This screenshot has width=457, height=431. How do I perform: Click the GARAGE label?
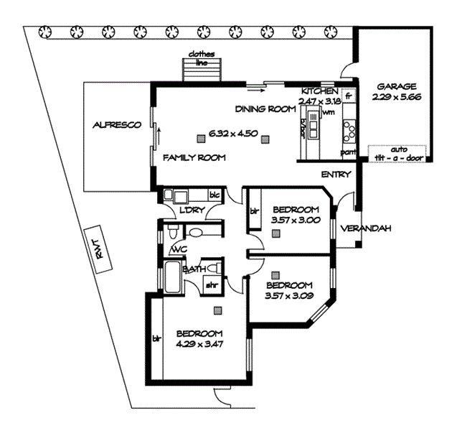tap(394, 85)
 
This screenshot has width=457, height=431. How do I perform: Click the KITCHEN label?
tap(319, 92)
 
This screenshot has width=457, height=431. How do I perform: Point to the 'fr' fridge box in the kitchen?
tap(348, 95)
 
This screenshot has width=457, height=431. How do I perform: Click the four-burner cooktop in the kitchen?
tap(351, 131)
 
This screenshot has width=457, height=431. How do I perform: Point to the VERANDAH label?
tap(365, 228)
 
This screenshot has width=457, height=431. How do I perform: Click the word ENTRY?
tap(336, 175)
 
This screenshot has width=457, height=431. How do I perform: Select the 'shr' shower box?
tap(212, 284)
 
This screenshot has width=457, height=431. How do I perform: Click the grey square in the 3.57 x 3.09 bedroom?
tap(275, 273)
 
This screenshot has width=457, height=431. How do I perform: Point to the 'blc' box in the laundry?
tap(214, 195)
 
